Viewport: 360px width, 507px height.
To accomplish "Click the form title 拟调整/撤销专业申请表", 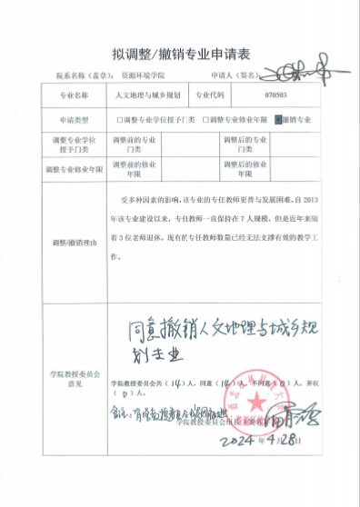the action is click(x=180, y=53).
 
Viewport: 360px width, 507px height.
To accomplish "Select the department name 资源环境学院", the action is click(x=141, y=76).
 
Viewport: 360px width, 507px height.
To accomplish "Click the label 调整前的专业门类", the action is click(x=135, y=144).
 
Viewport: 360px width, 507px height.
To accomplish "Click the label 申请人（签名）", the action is click(x=231, y=76).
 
